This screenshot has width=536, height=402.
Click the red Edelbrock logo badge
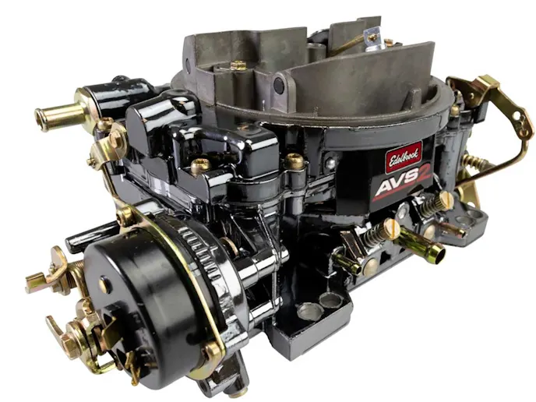(404, 157)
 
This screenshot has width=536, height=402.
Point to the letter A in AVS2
(383, 191)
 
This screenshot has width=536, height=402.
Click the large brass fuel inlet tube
(60, 115)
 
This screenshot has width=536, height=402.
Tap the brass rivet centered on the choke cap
(104, 284)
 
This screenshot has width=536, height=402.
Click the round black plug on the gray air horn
(279, 84)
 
